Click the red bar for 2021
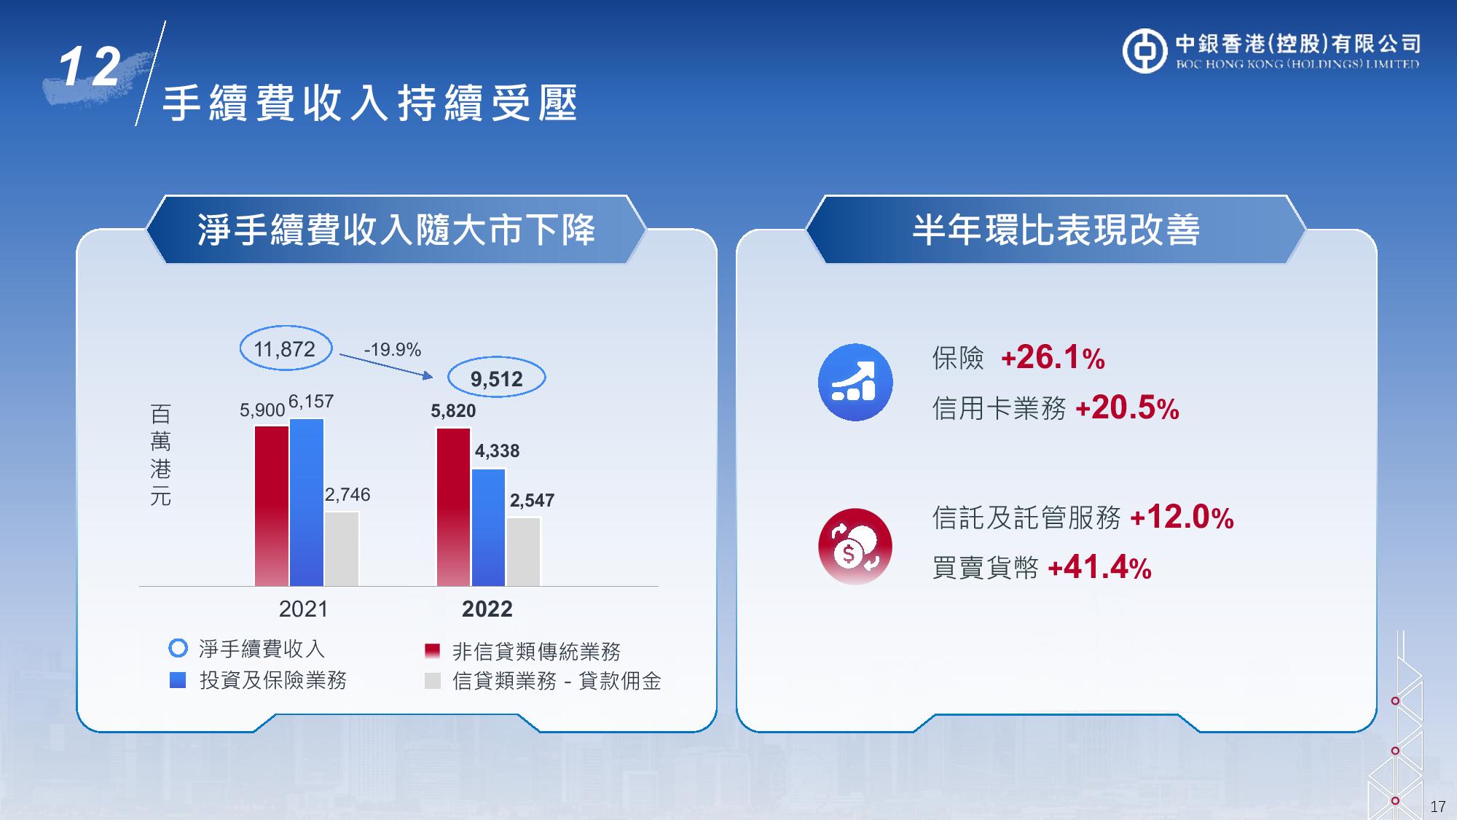tap(272, 506)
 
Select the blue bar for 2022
tap(488, 528)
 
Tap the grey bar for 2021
tap(342, 549)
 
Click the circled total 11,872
tap(286, 349)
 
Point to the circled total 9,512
tap(496, 378)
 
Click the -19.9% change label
tap(393, 350)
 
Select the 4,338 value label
tap(498, 451)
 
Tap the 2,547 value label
tap(532, 501)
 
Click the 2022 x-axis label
tap(487, 609)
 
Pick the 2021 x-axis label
tap(303, 609)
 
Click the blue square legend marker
tap(178, 680)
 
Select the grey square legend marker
tap(433, 681)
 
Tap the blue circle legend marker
tap(178, 648)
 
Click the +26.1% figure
tap(1053, 358)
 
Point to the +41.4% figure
tap(1099, 567)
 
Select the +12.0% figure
tap(1182, 518)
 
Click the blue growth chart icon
tap(855, 382)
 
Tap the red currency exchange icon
tap(855, 547)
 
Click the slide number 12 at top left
tap(90, 68)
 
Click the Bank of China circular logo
tap(1144, 51)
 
